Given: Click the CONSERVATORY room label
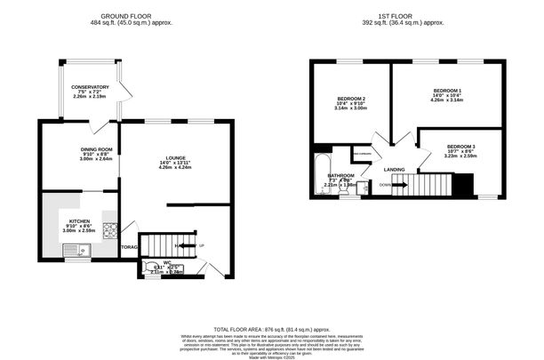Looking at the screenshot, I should pyautogui.click(x=90, y=87).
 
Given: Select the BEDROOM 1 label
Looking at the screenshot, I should pyautogui.click(x=447, y=91).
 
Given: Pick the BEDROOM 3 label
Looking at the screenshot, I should pyautogui.click(x=461, y=146).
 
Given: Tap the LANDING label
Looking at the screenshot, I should pyautogui.click(x=395, y=168).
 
